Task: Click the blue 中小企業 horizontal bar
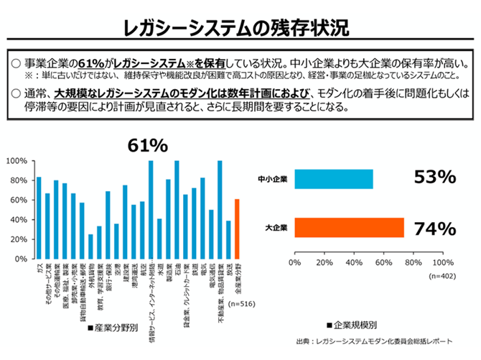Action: [333, 179]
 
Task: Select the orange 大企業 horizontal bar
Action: [349, 228]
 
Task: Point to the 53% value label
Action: [435, 177]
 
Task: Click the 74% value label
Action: [435, 229]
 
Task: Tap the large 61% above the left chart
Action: [147, 146]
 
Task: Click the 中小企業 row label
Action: [273, 180]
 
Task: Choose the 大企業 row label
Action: [276, 229]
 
